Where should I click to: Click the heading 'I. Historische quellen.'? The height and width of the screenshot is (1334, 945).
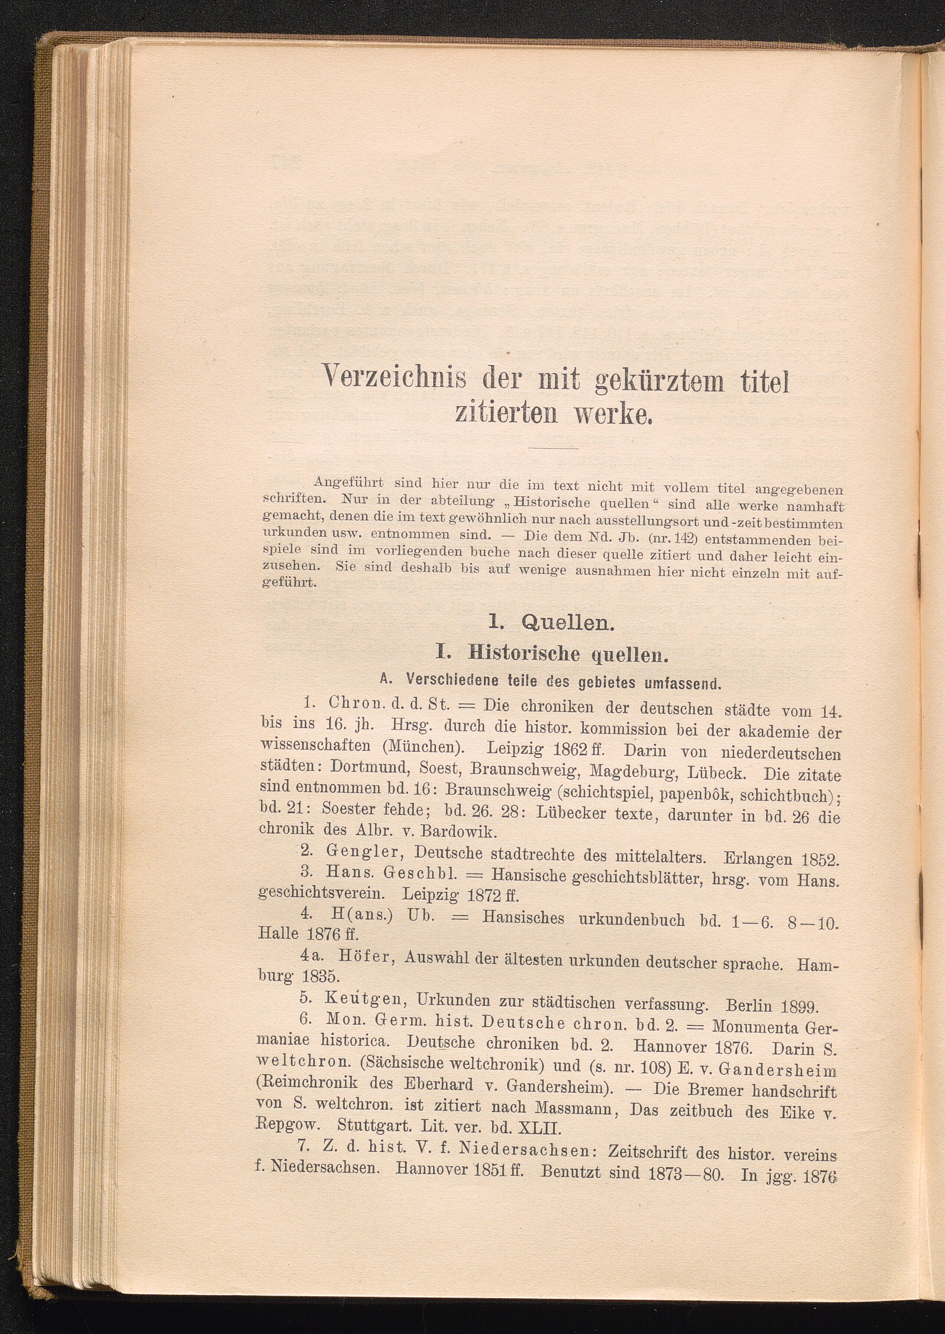click(x=551, y=654)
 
